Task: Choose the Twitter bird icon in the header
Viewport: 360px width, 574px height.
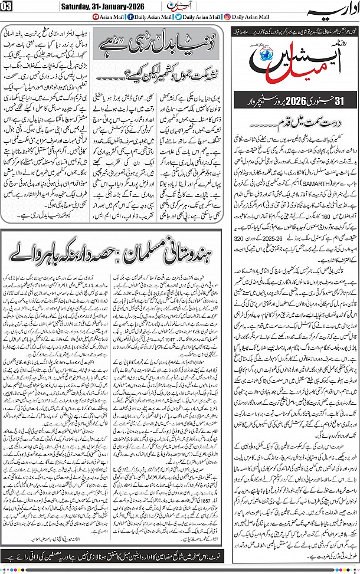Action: coord(162,18)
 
